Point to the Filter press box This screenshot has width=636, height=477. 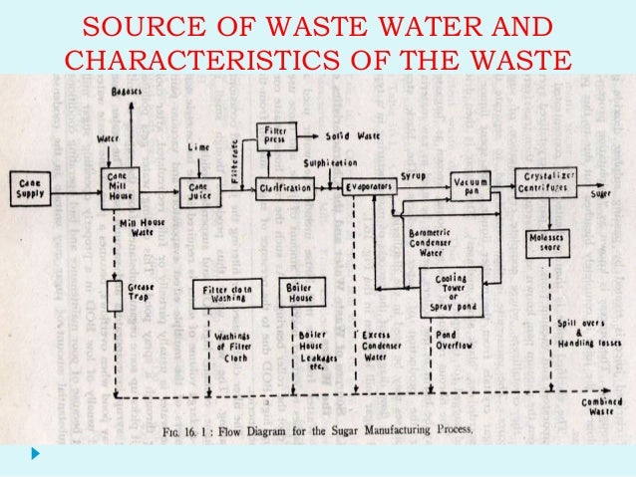click(272, 134)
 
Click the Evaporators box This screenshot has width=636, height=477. click(369, 185)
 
